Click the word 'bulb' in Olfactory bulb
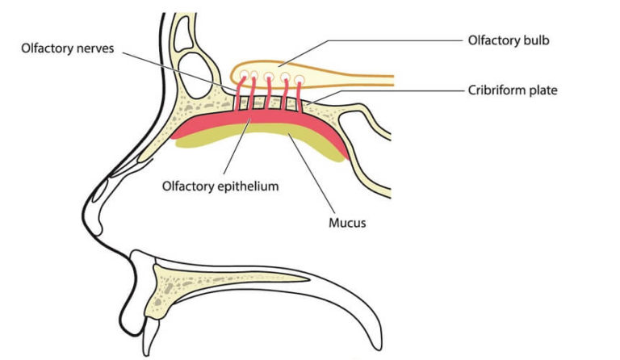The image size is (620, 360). pos(533,40)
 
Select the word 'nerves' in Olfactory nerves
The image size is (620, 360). pos(116,48)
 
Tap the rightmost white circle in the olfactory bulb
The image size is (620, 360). pos(300,79)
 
